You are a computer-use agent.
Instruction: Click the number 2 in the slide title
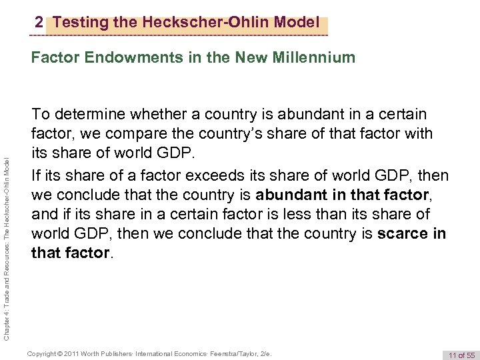(x=39, y=23)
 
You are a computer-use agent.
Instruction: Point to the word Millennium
(x=314, y=58)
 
